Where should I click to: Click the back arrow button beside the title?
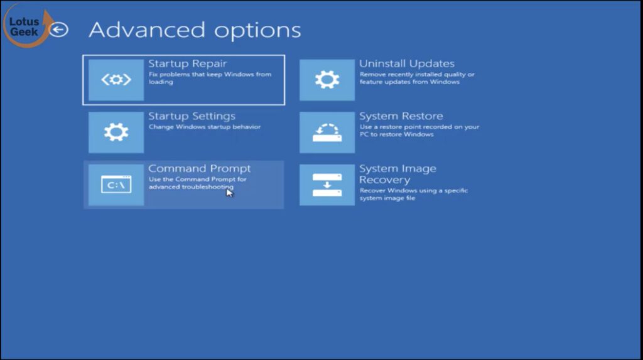click(58, 30)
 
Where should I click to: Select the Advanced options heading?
click(195, 30)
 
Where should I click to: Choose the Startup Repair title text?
click(187, 63)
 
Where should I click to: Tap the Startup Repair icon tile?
click(116, 80)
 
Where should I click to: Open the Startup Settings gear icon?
click(116, 132)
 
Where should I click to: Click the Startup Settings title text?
click(192, 116)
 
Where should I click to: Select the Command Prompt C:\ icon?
click(116, 185)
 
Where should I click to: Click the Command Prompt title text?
click(199, 169)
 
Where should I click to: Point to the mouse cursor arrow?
click(229, 192)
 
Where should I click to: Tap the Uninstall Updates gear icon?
click(327, 80)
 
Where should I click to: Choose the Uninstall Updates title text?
click(407, 63)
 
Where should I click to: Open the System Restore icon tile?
click(327, 132)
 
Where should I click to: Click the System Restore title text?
click(401, 116)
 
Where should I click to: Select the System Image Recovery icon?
click(327, 185)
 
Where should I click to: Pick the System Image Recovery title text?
click(397, 174)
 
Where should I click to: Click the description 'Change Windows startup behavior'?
click(205, 127)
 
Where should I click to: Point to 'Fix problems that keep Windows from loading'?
click(210, 78)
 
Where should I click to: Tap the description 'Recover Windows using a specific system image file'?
click(414, 194)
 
